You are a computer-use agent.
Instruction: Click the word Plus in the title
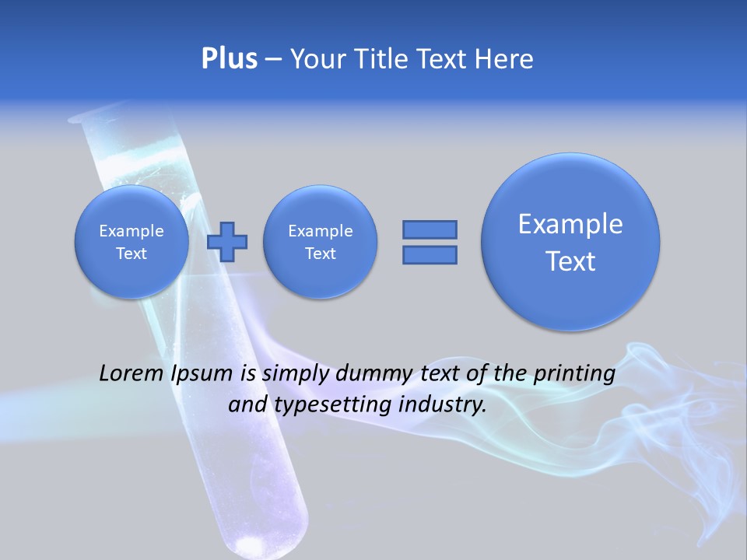coord(229,59)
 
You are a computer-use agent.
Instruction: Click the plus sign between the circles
coord(227,242)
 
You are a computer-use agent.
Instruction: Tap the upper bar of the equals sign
coord(430,229)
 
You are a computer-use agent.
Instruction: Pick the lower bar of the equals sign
coord(430,254)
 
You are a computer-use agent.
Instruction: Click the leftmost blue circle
coord(131,242)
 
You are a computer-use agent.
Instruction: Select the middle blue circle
coord(320,242)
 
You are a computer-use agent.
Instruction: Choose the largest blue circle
coord(570,242)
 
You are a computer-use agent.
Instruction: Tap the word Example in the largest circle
coord(570,224)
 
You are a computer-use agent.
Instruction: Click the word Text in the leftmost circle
coord(131,254)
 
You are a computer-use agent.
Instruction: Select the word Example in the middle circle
coord(320,231)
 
